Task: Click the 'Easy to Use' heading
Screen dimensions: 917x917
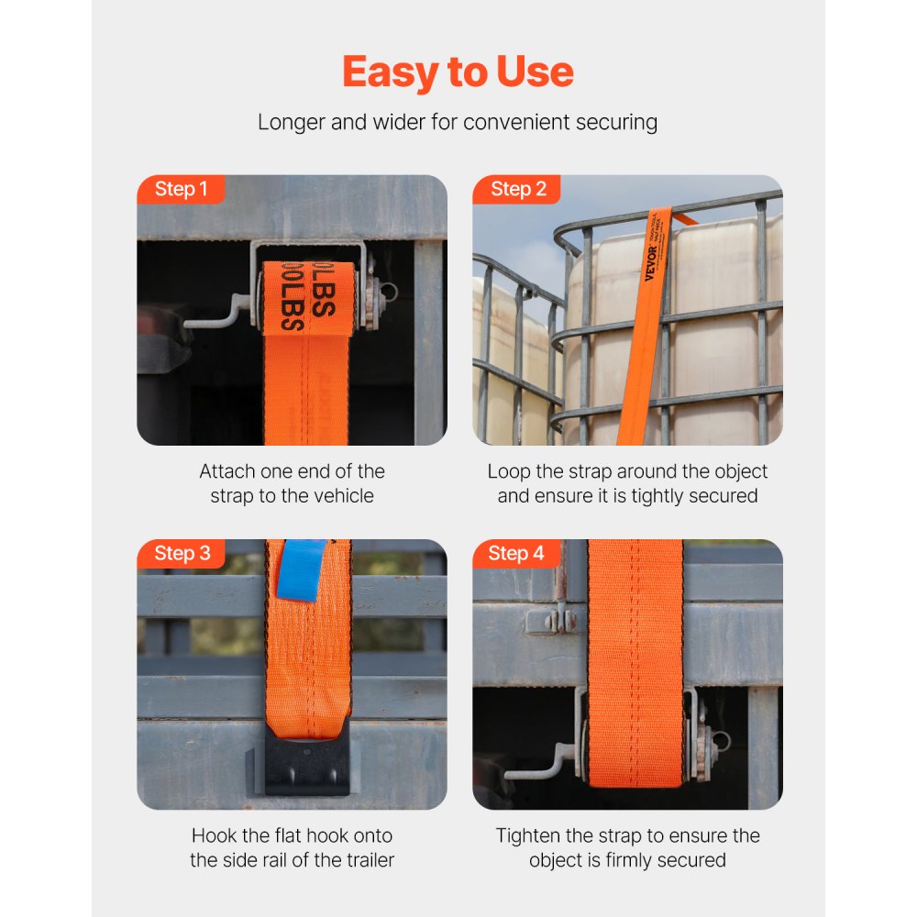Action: (458, 72)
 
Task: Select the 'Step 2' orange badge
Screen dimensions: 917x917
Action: (518, 189)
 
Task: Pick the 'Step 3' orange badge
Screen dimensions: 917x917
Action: (182, 553)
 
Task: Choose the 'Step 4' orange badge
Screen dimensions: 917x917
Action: (516, 553)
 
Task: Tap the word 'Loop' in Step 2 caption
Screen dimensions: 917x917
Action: (508, 471)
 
